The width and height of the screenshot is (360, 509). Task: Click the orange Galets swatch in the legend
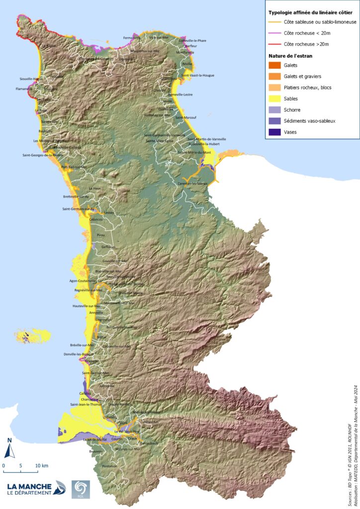(x=274, y=66)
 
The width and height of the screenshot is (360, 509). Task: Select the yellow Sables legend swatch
(x=274, y=98)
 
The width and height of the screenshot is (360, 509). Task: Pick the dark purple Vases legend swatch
(x=274, y=132)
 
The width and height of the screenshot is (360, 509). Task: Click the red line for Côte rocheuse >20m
(x=274, y=44)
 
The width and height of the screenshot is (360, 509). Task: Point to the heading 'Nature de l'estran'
(x=291, y=56)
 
